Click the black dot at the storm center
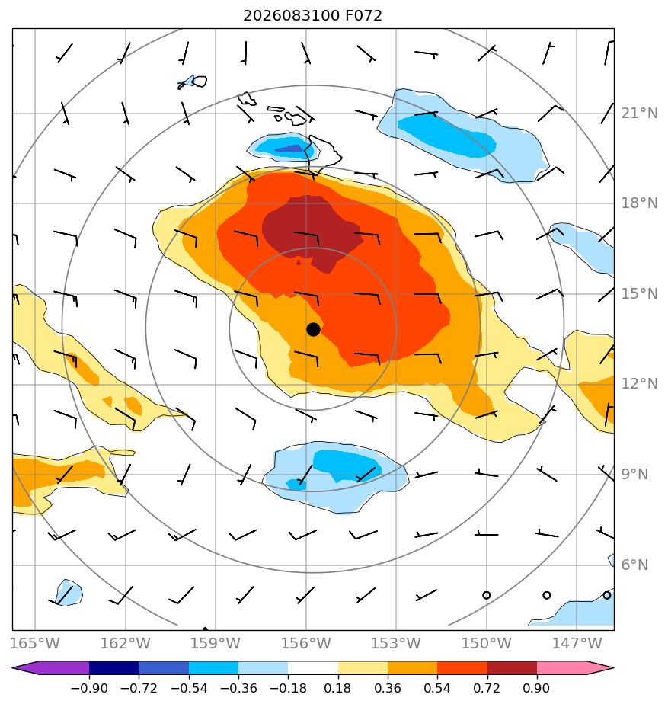(313, 329)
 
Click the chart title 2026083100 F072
(312, 16)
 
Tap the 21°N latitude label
(639, 113)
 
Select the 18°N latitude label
(639, 203)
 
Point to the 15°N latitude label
(639, 294)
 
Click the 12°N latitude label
(639, 384)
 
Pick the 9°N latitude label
(634, 475)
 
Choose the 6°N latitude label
(634, 565)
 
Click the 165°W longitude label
(34, 643)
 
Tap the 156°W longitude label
(305, 643)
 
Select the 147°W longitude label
(577, 643)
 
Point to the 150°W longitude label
(487, 643)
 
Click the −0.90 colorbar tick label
(89, 688)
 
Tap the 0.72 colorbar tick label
(487, 688)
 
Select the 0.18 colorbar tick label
(337, 688)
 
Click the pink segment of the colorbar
(562, 668)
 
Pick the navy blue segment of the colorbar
(114, 668)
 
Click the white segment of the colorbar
(313, 668)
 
